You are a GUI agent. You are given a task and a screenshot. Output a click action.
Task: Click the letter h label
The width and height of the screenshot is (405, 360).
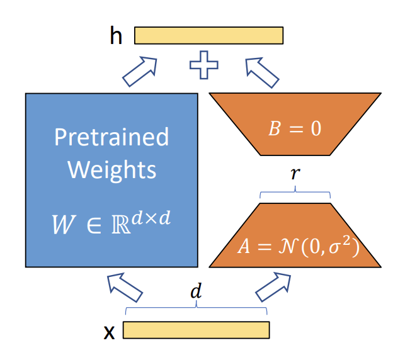116,36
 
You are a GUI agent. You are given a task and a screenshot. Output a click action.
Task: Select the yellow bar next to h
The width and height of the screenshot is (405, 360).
208,35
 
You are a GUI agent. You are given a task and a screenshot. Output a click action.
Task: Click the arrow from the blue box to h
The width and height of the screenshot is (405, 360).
139,71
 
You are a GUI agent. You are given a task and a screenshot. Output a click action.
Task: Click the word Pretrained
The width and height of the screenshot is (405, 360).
111,137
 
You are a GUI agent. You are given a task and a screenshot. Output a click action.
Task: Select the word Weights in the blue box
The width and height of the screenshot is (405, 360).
111,169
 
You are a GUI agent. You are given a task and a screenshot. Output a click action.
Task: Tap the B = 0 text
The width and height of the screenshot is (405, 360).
295,128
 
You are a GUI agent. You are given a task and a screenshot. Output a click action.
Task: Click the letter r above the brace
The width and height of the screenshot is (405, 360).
295,174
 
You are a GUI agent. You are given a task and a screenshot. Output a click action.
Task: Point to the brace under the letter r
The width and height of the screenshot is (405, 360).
295,193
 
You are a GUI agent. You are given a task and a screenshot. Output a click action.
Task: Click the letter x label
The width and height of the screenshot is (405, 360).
109,332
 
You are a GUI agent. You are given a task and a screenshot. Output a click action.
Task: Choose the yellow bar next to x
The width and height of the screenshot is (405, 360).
196,330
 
